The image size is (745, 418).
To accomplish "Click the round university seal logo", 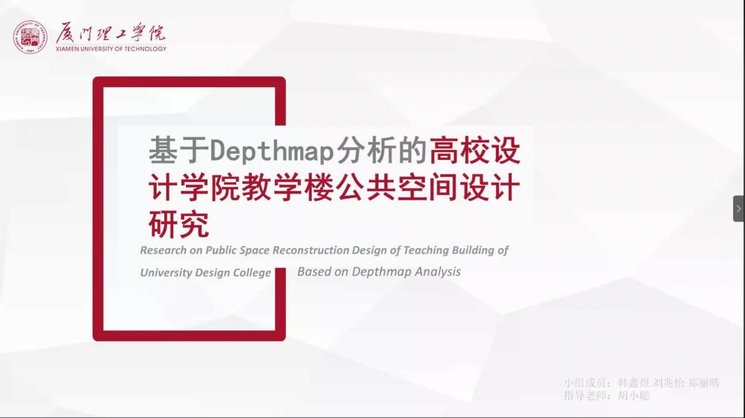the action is click(30, 37).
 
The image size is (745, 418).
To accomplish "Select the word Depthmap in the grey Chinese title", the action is click(272, 151).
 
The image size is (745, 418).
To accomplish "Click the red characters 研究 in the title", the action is click(179, 225).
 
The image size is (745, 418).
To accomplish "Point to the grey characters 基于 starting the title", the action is click(179, 151).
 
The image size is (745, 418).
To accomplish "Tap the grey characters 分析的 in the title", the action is click(381, 151).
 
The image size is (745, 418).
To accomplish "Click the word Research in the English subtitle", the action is click(164, 250).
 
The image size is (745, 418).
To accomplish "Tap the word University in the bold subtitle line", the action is click(167, 272).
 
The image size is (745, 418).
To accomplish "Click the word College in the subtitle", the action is click(252, 272).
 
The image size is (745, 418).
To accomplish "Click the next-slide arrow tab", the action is click(739, 209).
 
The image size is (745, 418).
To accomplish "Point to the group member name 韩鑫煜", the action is click(634, 383).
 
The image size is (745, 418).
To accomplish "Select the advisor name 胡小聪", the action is click(634, 396).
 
